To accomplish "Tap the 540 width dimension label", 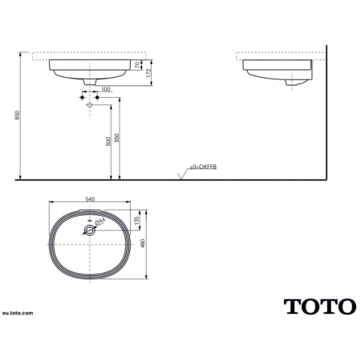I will tap(91, 197).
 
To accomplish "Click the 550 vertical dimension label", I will tap(119, 138).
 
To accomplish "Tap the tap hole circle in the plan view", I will tap(91, 229).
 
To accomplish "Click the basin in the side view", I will tap(277, 71).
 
